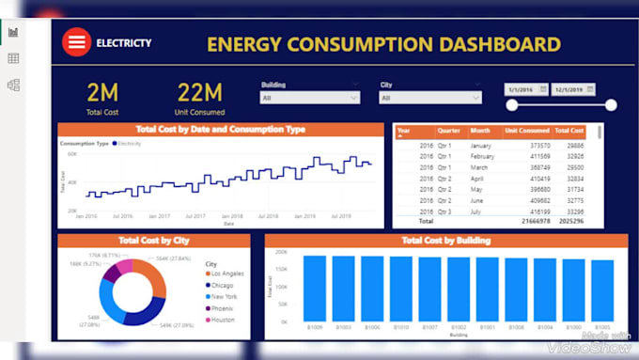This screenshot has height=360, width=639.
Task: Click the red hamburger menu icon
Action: point(76,42)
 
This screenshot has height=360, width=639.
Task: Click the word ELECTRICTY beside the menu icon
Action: point(123,43)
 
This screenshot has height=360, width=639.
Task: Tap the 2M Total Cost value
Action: point(102,92)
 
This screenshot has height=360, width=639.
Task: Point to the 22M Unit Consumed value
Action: point(199,92)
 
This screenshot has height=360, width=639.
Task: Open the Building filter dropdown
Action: point(309,97)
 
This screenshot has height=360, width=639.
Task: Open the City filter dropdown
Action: point(429,97)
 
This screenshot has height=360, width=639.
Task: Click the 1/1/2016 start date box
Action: point(525,89)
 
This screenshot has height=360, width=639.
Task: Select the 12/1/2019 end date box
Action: point(572,89)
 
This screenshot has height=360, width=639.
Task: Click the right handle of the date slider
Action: point(612,104)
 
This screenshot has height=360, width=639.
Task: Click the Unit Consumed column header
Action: point(526,131)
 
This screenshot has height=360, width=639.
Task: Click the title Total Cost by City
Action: point(153,241)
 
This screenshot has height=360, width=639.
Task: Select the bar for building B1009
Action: point(314,290)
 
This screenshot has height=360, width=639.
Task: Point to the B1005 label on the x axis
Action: point(601,328)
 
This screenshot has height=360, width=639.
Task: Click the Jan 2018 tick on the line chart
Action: point(230,215)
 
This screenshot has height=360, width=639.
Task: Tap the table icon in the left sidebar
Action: point(13,58)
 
